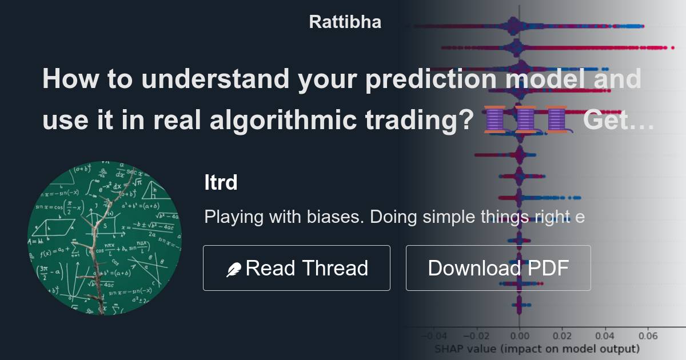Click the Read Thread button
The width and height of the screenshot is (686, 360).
[296, 268]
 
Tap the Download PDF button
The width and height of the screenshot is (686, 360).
[498, 268]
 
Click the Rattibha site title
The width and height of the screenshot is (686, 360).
[345, 22]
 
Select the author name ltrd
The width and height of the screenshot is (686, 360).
[221, 183]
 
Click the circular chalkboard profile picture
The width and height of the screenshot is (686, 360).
[105, 238]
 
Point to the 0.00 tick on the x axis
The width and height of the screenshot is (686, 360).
[519, 336]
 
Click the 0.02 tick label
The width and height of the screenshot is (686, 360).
[562, 336]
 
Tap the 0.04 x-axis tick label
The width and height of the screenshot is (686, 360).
[605, 336]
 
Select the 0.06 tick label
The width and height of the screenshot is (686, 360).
[648, 336]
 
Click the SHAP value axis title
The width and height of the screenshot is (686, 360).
[537, 349]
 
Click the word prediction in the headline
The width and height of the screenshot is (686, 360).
[426, 79]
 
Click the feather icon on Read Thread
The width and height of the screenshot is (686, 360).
[234, 269]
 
